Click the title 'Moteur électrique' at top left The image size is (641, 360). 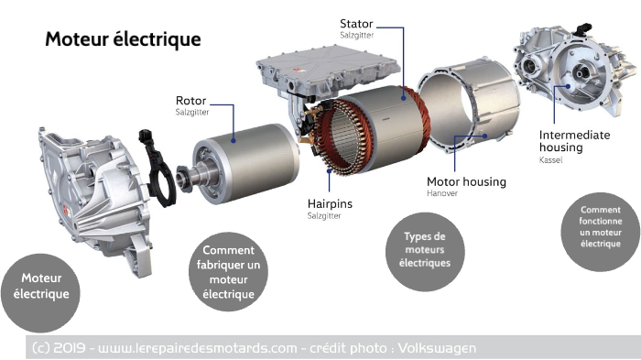pos(123,39)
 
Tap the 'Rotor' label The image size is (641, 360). pos(191,100)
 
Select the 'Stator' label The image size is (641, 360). pos(356,23)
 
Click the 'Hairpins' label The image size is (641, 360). pos(330,203)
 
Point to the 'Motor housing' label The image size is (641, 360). pos(466,181)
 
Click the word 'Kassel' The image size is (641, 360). pos(551,160)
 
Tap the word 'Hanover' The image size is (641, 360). pos(442,194)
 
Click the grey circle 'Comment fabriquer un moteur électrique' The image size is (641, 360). pos(228,272)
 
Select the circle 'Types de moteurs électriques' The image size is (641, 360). pos(425,250)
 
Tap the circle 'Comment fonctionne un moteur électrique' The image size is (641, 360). pos(600,227)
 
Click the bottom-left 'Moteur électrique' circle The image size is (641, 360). pos(40,286)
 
